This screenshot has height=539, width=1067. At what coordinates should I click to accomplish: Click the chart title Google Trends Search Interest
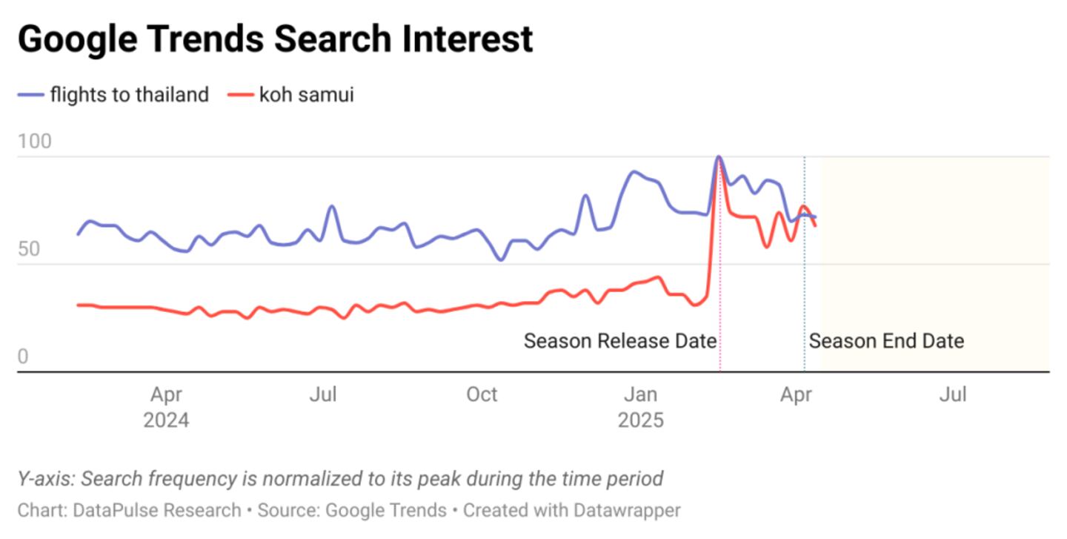(275, 39)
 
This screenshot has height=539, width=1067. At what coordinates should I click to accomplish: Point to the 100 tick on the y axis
(35, 142)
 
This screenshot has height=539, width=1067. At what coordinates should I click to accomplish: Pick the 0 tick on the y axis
(23, 357)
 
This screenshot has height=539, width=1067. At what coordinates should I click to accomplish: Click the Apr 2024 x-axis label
(166, 407)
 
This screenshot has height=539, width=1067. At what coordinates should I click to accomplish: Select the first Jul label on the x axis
(323, 395)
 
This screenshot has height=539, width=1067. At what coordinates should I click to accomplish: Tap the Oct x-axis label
(482, 395)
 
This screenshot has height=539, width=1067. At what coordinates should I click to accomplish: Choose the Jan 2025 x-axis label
(640, 407)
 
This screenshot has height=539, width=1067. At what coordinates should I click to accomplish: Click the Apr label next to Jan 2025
(796, 395)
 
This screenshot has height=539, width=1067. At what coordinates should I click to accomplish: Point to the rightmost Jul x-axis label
(953, 395)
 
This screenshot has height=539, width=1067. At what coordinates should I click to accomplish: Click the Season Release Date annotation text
(619, 341)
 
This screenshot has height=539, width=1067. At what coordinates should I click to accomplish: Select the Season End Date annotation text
(886, 341)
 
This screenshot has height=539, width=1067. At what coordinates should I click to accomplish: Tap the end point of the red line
(816, 225)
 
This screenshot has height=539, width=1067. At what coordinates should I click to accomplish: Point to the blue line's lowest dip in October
(501, 260)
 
